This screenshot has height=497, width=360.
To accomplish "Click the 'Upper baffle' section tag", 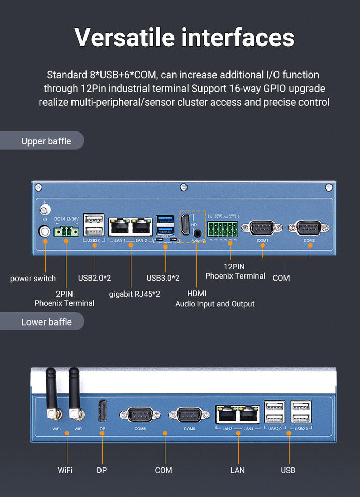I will [x=46, y=141].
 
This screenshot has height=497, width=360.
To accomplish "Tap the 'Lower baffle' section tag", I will [x=46, y=322].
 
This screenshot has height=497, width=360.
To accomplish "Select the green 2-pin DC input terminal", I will [x=66, y=231].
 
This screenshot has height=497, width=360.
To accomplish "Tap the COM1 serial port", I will [x=262, y=227].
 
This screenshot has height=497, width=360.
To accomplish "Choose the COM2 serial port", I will [x=309, y=227].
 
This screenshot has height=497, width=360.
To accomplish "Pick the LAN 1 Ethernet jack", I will [x=119, y=226].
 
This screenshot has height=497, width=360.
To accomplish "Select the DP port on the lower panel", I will [x=102, y=412].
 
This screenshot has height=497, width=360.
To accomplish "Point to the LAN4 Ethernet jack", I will [x=249, y=415].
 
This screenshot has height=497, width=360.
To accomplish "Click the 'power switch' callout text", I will [x=33, y=279].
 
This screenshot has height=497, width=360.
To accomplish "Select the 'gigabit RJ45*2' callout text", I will [x=135, y=294].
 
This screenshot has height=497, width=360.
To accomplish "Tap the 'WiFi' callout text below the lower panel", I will [x=65, y=470].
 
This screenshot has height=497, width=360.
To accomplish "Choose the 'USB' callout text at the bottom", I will [x=288, y=470].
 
